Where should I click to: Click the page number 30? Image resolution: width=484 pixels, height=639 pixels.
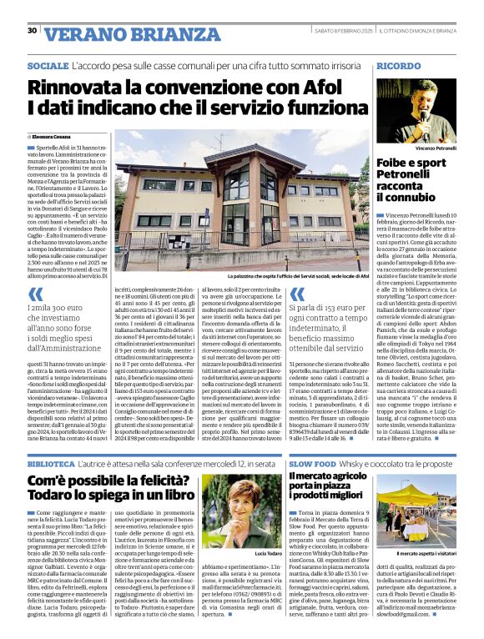32,31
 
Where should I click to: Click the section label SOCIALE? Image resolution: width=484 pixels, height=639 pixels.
48,65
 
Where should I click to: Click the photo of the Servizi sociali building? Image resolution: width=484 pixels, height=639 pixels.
239,199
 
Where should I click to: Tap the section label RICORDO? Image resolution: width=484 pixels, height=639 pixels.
398,65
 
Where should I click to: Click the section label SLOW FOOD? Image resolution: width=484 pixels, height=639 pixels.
312,461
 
